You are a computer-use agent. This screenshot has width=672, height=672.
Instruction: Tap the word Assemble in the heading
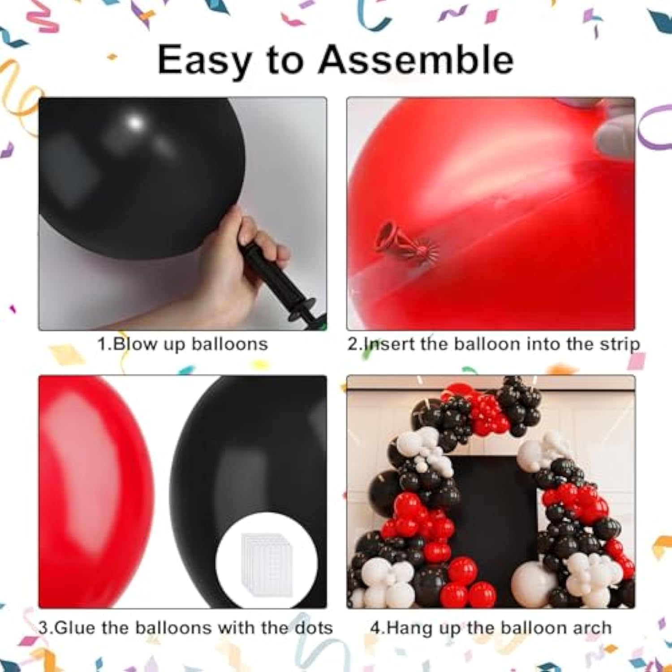tap(416, 60)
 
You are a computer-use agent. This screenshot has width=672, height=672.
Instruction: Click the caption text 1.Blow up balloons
tap(183, 344)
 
